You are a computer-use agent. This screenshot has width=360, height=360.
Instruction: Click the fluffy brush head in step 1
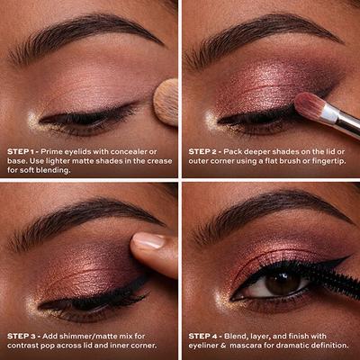tap(166, 101)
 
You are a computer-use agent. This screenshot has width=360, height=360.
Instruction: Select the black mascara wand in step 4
tap(333, 288)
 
